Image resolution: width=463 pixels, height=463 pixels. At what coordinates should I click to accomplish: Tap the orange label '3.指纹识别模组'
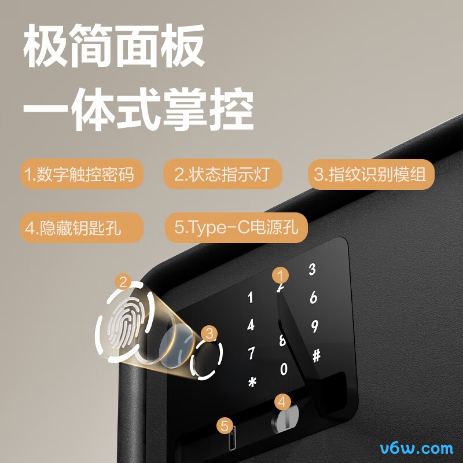click(x=370, y=174)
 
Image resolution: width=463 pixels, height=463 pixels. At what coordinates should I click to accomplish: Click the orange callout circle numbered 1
click(x=281, y=275)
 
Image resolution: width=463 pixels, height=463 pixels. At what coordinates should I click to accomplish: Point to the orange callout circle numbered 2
click(x=122, y=282)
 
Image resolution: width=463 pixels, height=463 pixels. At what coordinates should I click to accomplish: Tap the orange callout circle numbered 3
click(x=210, y=333)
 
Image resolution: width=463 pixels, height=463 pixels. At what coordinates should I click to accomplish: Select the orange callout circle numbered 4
click(x=282, y=400)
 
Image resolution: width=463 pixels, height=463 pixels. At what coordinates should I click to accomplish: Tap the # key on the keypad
click(x=316, y=356)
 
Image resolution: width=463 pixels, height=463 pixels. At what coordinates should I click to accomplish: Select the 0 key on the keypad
click(x=284, y=369)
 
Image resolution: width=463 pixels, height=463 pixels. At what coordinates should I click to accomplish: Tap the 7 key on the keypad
click(x=251, y=352)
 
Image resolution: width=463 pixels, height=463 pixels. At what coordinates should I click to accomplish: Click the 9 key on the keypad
click(x=314, y=326)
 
